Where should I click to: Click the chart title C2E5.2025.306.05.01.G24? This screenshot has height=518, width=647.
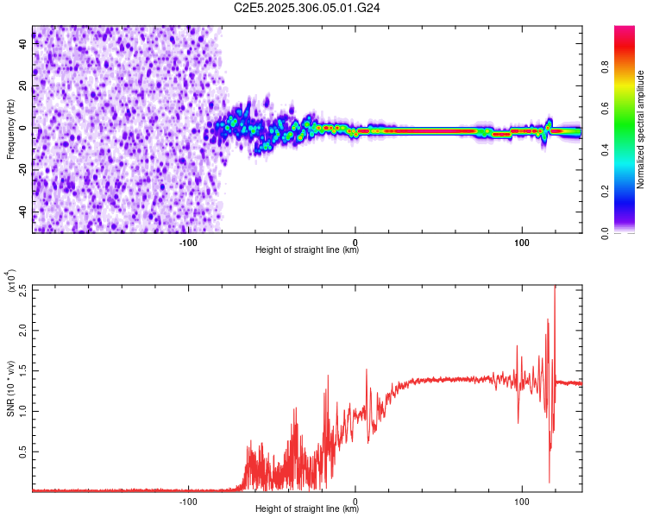pyautogui.click(x=307, y=7)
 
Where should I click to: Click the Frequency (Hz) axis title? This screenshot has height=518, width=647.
pyautogui.click(x=10, y=129)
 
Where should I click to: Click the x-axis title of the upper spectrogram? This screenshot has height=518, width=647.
pyautogui.click(x=307, y=250)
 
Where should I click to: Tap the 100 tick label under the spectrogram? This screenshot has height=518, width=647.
pyautogui.click(x=521, y=242)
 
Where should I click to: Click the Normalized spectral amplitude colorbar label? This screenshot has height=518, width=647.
pyautogui.click(x=641, y=129)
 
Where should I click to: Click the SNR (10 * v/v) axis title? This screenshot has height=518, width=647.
pyautogui.click(x=10, y=388)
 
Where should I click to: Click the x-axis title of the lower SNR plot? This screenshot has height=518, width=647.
pyautogui.click(x=307, y=509)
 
